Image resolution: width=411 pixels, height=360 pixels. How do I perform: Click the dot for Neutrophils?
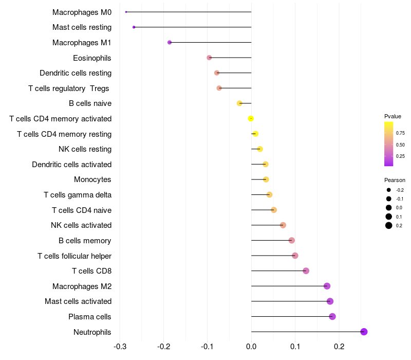point(364,332)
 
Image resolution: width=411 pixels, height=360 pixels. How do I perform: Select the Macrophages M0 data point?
point(126,12)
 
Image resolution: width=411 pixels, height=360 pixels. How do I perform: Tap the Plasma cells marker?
point(332,316)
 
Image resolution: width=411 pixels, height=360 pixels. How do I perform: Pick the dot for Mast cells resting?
point(134,27)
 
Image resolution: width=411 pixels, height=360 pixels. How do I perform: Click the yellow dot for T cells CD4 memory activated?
point(251,119)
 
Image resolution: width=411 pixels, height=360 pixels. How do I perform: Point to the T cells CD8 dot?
point(306,271)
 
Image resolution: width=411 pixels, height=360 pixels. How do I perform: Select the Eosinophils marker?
point(209,58)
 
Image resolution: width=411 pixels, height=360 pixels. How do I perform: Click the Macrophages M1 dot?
point(170,42)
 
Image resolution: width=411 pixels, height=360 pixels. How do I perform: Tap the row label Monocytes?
point(92,179)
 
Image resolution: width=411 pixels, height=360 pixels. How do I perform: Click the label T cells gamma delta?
point(78,195)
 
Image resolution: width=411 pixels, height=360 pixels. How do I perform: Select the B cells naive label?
point(90,103)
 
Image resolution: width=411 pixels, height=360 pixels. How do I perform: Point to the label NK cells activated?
point(81,225)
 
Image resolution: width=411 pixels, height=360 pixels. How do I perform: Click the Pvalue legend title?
point(393,116)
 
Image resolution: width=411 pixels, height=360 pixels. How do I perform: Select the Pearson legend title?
point(395,181)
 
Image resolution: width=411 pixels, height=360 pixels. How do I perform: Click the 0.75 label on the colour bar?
point(400,133)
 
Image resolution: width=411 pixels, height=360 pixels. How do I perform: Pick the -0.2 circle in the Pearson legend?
point(389,190)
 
